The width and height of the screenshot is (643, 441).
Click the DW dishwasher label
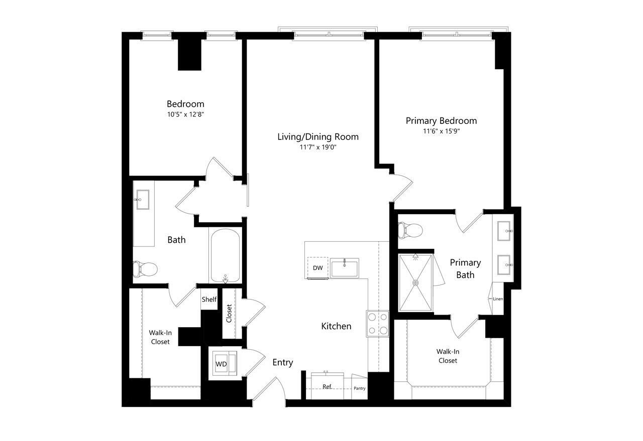(317, 268)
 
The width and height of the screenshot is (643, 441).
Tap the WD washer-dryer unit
(225, 363)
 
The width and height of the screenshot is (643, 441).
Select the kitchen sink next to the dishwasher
(345, 268)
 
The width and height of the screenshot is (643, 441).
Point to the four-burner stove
(377, 324)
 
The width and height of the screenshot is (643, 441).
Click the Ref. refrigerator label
(327, 386)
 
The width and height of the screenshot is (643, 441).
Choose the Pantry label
(359, 388)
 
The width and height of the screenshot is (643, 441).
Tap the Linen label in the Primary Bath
(498, 299)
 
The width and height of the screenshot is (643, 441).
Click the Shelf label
(209, 300)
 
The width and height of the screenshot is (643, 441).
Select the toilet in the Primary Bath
(410, 230)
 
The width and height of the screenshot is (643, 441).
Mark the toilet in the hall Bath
(145, 269)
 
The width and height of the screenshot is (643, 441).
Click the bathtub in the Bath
(226, 255)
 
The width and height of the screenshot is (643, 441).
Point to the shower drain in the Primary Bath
(415, 283)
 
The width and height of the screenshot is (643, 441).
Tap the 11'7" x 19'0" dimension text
(318, 148)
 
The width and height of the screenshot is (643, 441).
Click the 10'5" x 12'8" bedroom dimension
(185, 114)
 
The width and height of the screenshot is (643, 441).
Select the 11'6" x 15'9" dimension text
(442, 131)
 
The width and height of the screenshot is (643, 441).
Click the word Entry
(283, 362)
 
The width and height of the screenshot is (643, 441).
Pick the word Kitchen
(336, 326)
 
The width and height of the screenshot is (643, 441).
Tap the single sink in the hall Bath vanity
(142, 200)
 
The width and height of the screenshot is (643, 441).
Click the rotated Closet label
(229, 314)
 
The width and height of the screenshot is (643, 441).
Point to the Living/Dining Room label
(318, 137)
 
